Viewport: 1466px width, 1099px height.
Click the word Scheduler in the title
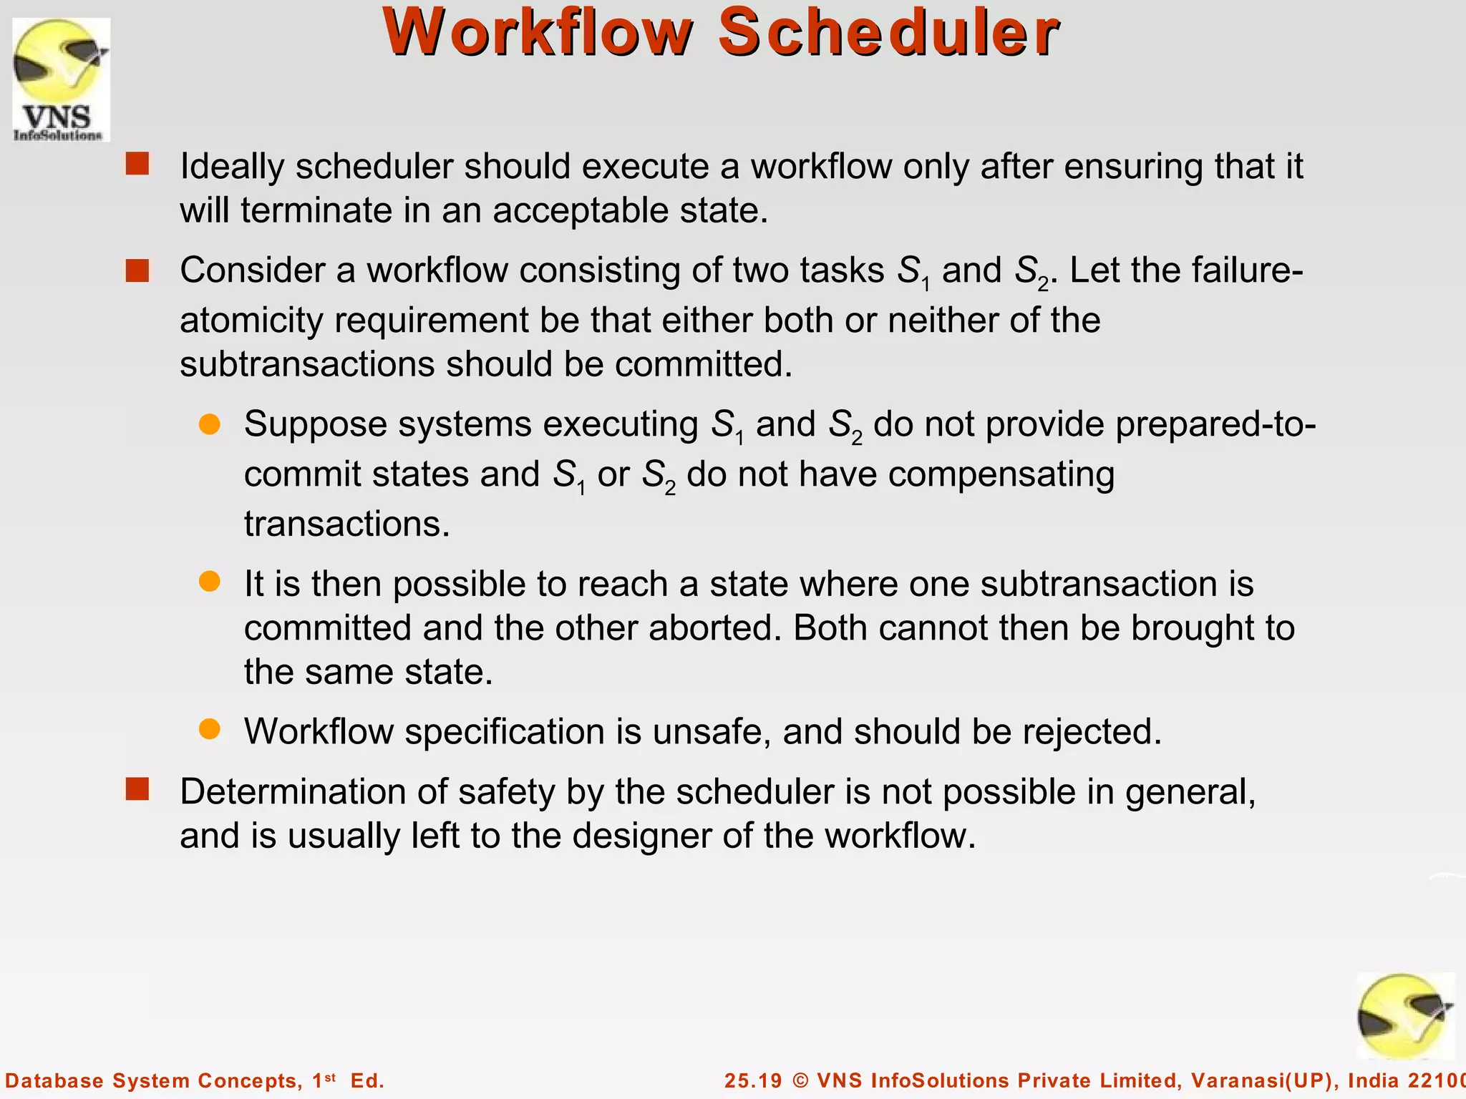tap(888, 33)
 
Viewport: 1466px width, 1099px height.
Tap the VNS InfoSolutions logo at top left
tap(61, 79)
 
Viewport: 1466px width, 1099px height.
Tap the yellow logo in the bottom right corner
tap(1404, 1016)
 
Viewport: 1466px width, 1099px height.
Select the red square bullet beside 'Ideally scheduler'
tap(137, 165)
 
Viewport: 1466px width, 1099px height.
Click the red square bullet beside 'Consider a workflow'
tap(137, 271)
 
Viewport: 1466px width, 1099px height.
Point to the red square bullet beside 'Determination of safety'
tap(137, 790)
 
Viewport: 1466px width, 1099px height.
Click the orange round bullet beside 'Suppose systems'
tap(210, 424)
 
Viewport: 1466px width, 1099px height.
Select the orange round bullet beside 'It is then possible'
tap(210, 582)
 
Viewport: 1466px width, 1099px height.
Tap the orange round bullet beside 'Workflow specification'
tap(210, 730)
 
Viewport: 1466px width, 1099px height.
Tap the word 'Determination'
tap(313, 792)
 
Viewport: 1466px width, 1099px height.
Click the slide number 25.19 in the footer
tap(753, 1080)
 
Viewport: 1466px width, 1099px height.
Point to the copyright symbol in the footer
tap(800, 1080)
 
